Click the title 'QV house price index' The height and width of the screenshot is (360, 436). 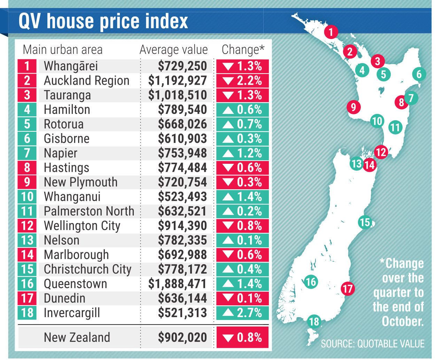tap(103, 21)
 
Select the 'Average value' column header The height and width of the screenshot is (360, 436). tap(173, 50)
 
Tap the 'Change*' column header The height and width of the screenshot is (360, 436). tap(243, 50)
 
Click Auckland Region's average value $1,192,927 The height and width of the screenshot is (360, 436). tap(177, 81)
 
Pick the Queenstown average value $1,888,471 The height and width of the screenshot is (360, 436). tap(177, 284)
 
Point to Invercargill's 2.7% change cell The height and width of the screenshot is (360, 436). tap(242, 313)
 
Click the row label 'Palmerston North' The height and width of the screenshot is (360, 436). tap(89, 211)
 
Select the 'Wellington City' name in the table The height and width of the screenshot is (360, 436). tap(82, 226)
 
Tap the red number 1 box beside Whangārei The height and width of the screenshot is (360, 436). tap(27, 66)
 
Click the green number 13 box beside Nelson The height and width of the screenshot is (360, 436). tap(27, 240)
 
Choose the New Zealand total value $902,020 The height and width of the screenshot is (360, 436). tap(182, 337)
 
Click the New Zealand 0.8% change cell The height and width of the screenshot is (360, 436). tap(242, 337)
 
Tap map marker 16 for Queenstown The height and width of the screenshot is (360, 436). tap(311, 282)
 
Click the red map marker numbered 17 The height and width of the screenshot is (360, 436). tap(348, 289)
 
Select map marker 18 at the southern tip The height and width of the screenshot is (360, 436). tap(314, 321)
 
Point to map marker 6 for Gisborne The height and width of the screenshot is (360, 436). tap(419, 74)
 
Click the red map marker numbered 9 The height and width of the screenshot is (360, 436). tap(353, 107)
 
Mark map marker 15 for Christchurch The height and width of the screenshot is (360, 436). tap(365, 222)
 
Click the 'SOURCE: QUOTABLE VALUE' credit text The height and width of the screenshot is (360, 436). tap(373, 344)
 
